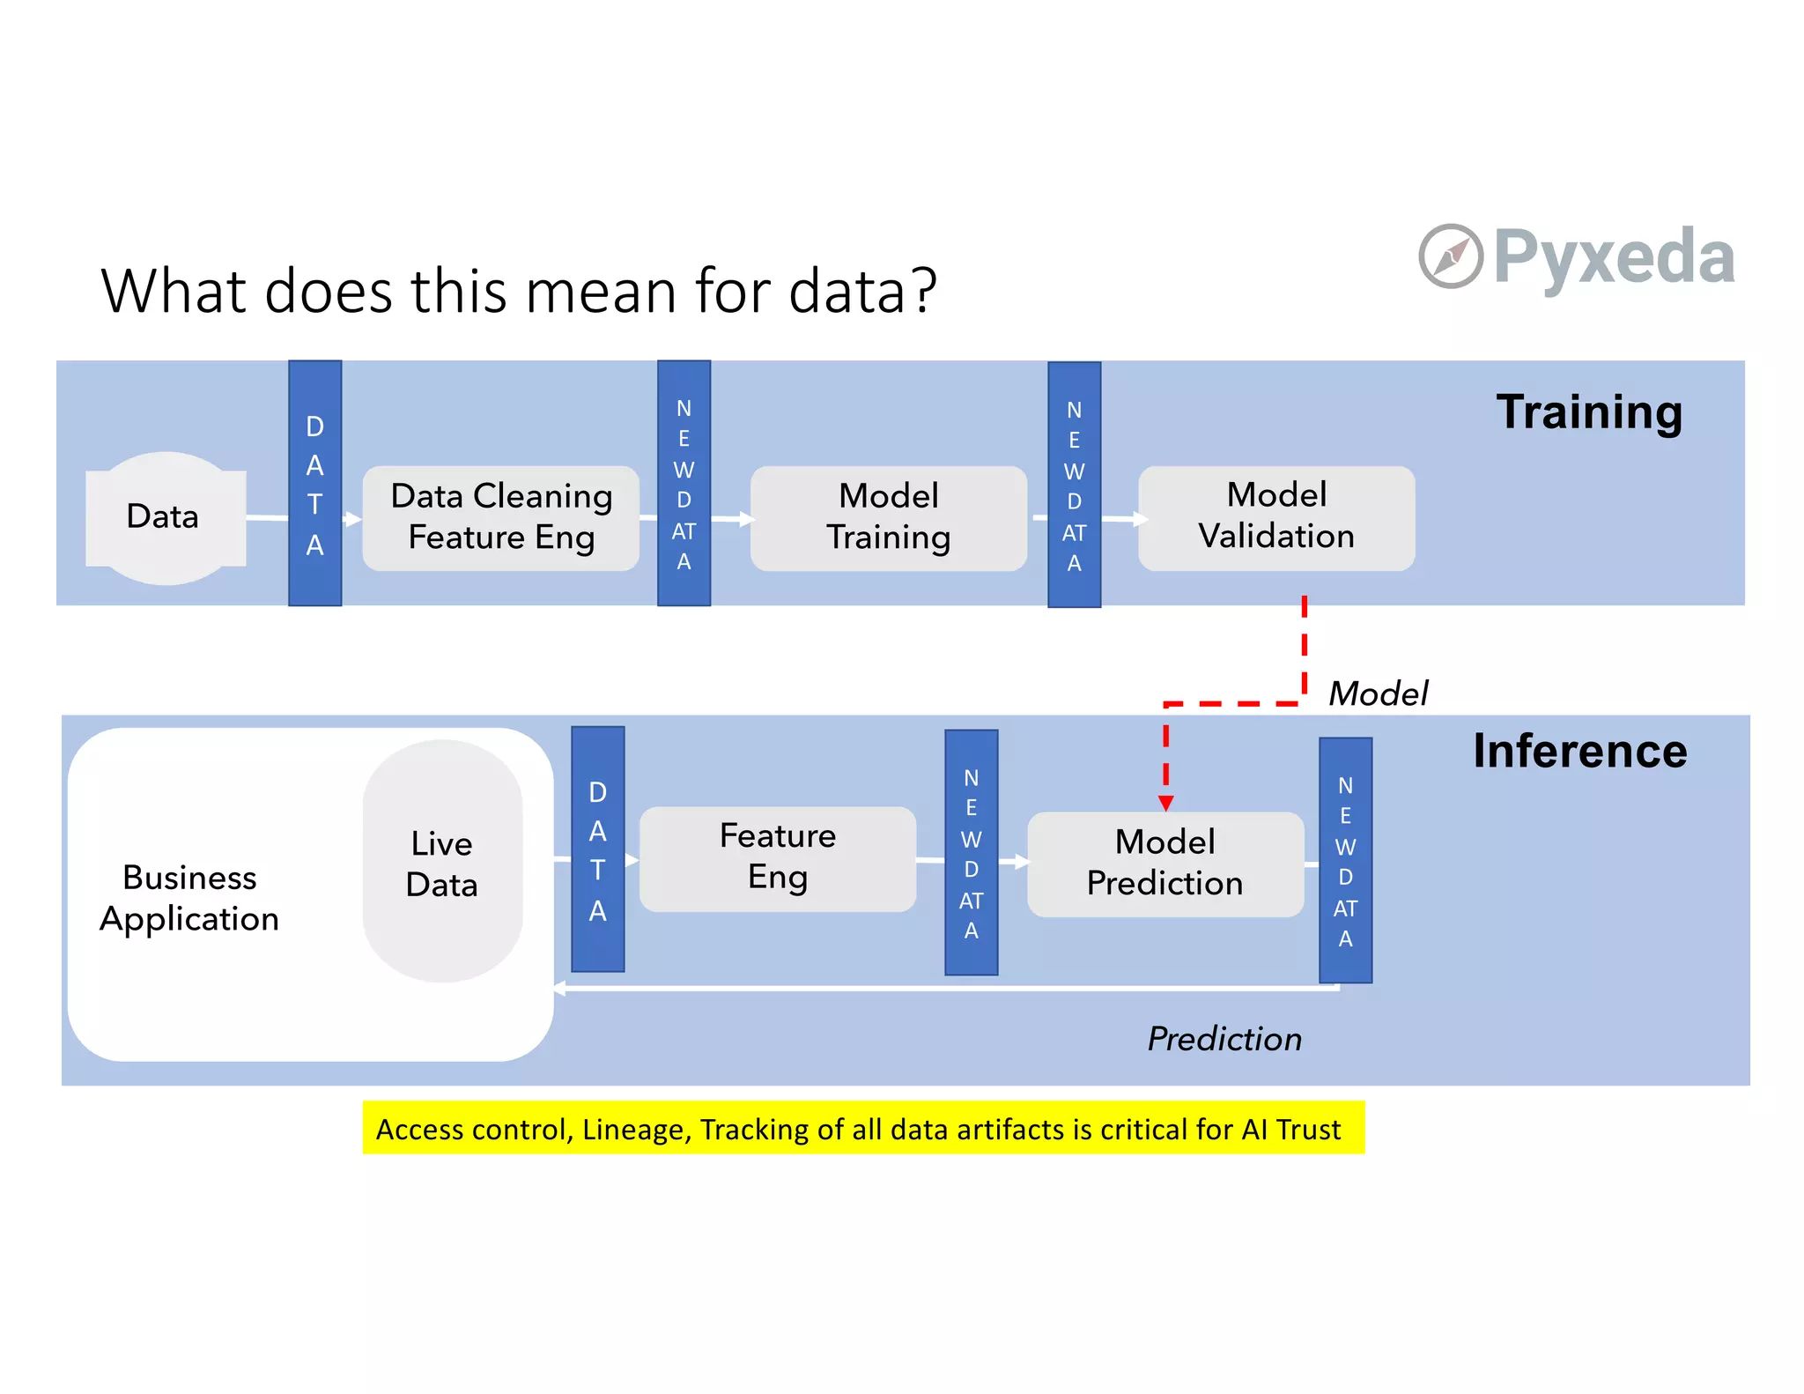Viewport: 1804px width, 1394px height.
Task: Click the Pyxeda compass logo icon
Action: tap(1450, 256)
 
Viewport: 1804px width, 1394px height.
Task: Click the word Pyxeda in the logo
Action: tap(1614, 256)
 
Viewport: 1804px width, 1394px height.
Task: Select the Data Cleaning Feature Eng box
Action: tap(501, 517)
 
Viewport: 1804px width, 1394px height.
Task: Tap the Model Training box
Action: tap(888, 517)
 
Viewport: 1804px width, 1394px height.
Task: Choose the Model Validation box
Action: tap(1275, 516)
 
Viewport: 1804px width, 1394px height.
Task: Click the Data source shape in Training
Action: tap(165, 517)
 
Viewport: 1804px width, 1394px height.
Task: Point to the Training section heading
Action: tap(1588, 412)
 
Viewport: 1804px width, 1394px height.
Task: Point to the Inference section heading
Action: tap(1579, 752)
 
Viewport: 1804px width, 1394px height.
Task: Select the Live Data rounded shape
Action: tap(442, 862)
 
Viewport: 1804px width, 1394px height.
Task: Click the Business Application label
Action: tap(189, 897)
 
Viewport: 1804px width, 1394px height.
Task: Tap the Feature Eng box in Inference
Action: tap(777, 857)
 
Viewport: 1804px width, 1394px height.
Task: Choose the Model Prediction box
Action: tap(1164, 863)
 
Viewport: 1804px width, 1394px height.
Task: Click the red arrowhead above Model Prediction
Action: tap(1165, 803)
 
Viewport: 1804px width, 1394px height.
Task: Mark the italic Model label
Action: tap(1377, 693)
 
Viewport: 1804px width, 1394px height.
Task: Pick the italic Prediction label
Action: tap(1224, 1039)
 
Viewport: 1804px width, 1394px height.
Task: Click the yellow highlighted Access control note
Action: tap(862, 1128)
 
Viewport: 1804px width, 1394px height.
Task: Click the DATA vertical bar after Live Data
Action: tap(597, 849)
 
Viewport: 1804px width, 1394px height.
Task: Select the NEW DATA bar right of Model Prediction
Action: tap(1345, 860)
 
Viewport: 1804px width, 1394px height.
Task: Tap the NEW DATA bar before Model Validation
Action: tap(1074, 485)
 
